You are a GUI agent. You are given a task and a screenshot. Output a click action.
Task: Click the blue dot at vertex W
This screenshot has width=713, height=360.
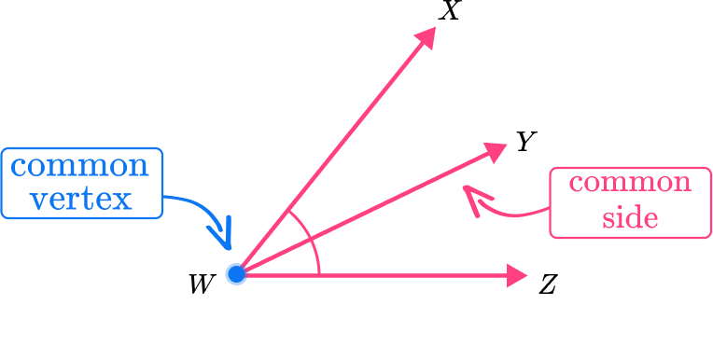pos(236,274)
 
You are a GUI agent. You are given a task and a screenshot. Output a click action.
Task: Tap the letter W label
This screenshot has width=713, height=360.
pos(201,285)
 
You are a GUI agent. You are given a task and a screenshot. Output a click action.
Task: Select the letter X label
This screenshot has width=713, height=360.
pos(450,10)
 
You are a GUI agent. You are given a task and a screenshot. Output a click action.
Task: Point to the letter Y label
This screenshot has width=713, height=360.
pos(526,142)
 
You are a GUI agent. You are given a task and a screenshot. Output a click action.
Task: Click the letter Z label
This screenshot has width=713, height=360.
pos(548,285)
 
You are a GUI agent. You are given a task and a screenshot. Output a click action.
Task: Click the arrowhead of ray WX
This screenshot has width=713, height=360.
pos(426,37)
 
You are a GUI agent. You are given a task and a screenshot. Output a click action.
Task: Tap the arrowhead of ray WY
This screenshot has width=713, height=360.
pos(495,151)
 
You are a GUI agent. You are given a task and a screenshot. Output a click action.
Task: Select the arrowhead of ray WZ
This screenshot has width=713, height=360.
pos(517,275)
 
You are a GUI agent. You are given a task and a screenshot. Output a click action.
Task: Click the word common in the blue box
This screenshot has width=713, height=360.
pos(79,166)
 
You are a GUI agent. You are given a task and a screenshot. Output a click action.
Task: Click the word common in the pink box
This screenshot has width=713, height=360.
pos(630,183)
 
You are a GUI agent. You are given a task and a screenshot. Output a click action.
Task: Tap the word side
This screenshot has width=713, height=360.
pos(630,217)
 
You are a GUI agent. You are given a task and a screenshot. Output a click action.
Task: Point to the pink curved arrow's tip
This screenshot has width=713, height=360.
pos(464,187)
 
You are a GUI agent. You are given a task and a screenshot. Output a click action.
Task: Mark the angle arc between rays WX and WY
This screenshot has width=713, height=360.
pos(301,223)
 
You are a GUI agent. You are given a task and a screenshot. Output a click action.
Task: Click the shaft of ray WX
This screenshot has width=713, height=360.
pos(331,156)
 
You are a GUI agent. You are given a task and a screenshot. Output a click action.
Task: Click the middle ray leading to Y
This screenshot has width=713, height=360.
pos(366,213)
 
